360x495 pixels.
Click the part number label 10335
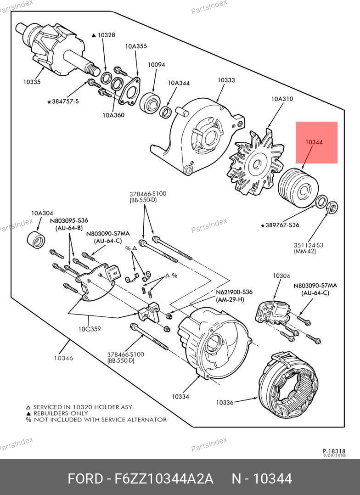32,82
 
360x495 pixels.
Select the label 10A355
136,46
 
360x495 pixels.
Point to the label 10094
156,65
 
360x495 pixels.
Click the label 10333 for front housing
226,80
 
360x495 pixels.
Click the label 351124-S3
308,245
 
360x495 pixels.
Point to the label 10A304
42,213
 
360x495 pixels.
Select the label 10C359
89,329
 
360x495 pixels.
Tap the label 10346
63,358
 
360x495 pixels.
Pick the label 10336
225,403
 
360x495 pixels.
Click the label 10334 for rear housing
180,396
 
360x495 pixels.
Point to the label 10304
281,276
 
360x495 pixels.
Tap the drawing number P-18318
333,451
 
